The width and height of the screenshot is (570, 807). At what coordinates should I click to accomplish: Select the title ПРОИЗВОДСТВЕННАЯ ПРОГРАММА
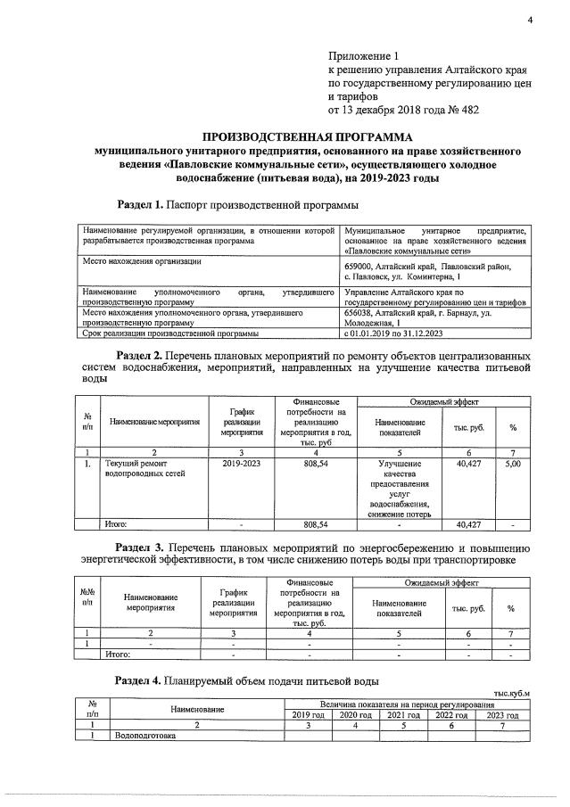coord(308,137)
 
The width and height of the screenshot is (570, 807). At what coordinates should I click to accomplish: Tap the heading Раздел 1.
coord(140,204)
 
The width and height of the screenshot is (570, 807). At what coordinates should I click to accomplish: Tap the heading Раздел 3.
coord(140,547)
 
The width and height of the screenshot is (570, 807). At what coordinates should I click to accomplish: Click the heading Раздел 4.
coord(138,680)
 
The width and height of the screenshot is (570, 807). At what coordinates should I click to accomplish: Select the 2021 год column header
coord(404,715)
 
